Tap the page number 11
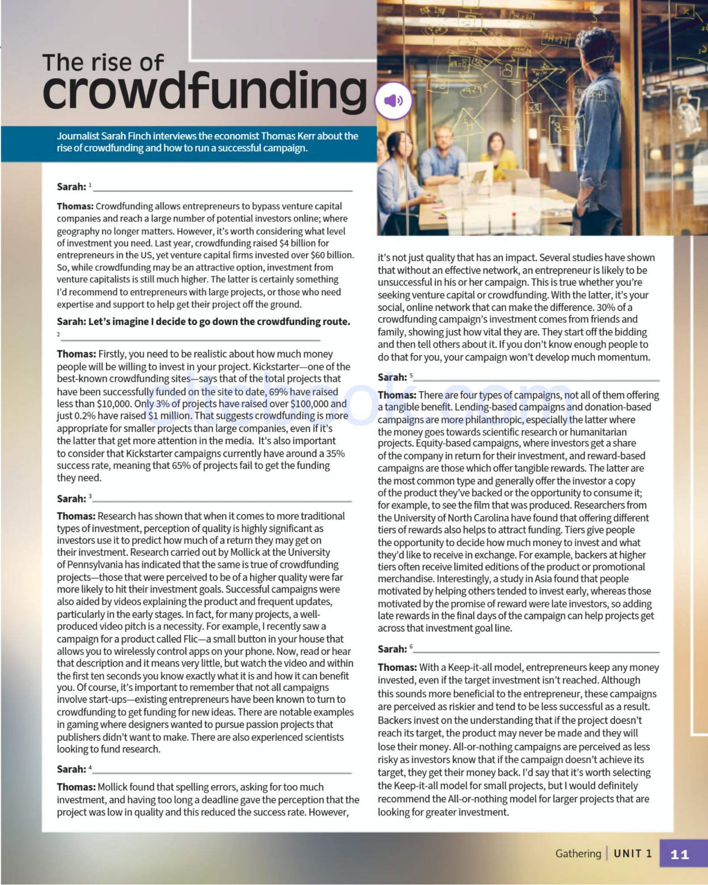[679, 854]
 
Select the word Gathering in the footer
[578, 854]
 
